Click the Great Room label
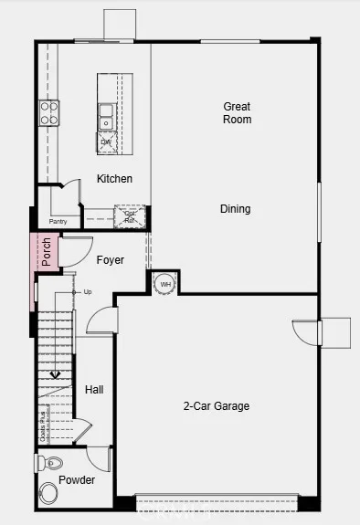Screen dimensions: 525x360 (237, 113)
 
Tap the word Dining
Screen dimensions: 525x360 (235, 209)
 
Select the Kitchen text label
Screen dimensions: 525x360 (114, 179)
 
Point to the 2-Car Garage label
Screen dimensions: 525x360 (217, 406)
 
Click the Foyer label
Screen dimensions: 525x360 (111, 260)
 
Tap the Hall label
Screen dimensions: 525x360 (94, 390)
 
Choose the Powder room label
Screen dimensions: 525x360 (77, 479)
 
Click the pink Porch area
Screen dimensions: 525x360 (46, 252)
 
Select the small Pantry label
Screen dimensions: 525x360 (58, 221)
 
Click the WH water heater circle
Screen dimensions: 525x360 (165, 284)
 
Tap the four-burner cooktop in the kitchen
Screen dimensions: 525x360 (48, 113)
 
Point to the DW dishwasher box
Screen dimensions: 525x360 (107, 142)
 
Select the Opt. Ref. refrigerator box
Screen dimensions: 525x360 (129, 216)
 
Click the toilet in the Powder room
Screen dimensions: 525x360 (49, 463)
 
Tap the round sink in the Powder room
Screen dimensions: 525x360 (48, 494)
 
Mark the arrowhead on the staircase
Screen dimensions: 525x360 (56, 373)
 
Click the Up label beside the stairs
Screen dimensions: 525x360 (88, 292)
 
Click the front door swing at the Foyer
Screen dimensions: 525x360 (75, 251)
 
